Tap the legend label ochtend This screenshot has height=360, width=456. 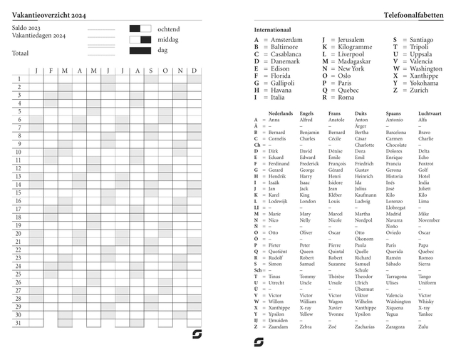[169, 29]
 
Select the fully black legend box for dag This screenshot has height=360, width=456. [140, 51]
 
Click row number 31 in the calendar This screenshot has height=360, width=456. [19, 323]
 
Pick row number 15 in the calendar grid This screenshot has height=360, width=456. [19, 192]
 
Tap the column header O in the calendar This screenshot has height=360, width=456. [165, 70]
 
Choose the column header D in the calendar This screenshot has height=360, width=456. [194, 70]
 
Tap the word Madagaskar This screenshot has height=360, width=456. [356, 61]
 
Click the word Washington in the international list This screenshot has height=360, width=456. [432, 68]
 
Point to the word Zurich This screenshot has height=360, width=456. [419, 91]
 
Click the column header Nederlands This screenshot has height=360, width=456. [280, 113]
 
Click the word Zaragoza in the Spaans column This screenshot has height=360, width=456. [396, 326]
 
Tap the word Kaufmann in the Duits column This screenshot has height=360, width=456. [366, 195]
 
